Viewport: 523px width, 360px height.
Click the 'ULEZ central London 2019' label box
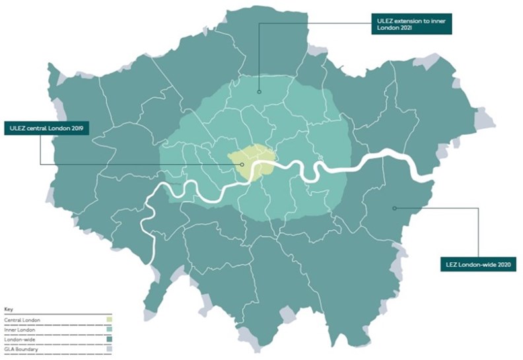pyautogui.click(x=48, y=127)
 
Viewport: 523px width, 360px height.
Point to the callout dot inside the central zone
pyautogui.click(x=242, y=164)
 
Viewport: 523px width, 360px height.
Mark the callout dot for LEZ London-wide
pyautogui.click(x=394, y=208)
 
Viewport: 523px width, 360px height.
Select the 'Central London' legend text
pyautogui.click(x=22, y=320)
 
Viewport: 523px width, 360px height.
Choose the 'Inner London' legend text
pyautogui.click(x=19, y=329)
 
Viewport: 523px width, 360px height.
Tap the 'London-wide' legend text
pyautogui.click(x=19, y=338)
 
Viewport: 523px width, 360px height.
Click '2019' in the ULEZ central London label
pyautogui.click(x=81, y=127)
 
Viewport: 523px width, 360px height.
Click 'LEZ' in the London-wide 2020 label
pyautogui.click(x=447, y=266)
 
